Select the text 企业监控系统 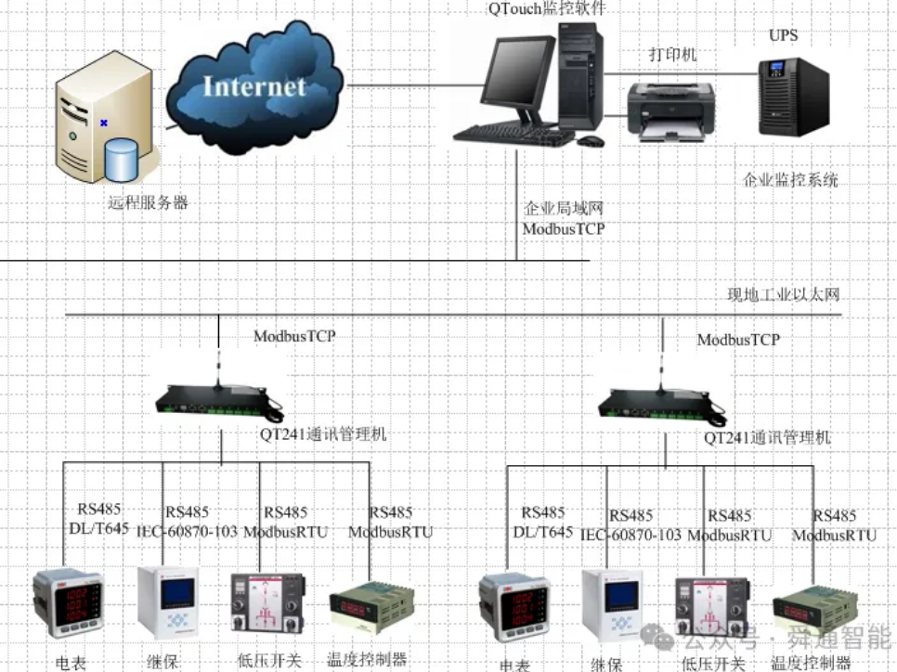[790, 179]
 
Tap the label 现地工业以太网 [783, 295]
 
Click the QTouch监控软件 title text [542, 9]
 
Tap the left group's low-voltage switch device [268, 604]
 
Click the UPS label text [783, 36]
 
